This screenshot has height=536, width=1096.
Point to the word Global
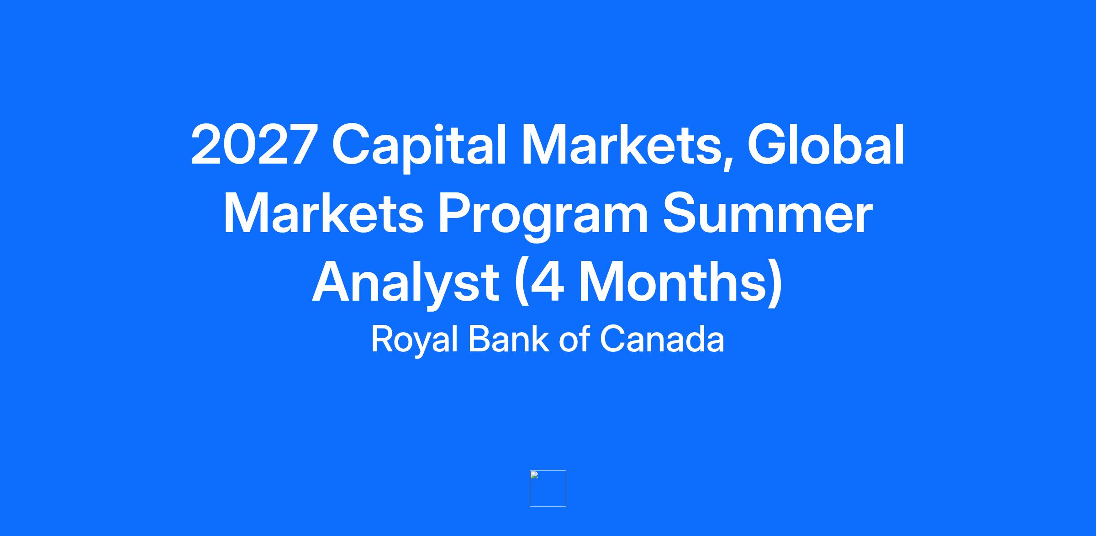826,144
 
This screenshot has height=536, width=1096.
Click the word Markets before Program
323,212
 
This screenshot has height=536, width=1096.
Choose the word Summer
767,213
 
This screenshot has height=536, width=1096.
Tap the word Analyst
406,283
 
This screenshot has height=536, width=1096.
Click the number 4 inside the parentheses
547,281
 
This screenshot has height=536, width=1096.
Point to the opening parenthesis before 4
521,283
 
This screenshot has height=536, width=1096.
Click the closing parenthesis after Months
775,283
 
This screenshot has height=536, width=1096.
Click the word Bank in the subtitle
509,339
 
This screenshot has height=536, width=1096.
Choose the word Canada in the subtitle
662,339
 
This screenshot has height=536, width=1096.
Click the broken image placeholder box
548,488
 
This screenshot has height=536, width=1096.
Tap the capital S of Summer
682,213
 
